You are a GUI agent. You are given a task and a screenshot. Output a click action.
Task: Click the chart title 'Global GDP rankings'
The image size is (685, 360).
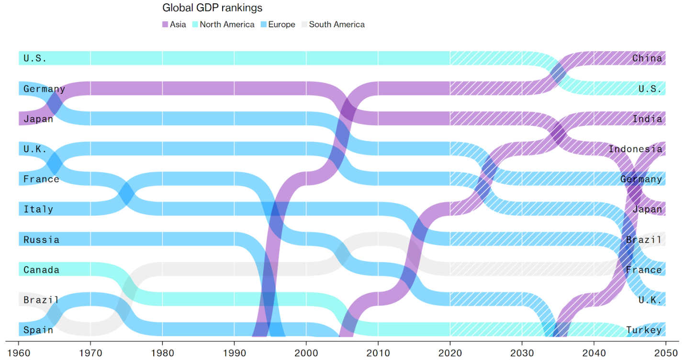212,8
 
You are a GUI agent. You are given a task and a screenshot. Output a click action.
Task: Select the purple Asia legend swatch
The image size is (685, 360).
166,24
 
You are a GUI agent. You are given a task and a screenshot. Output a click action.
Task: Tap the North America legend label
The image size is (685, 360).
227,24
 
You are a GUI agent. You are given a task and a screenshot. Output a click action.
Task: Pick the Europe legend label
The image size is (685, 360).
281,24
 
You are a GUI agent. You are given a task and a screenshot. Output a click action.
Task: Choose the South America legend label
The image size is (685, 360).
337,24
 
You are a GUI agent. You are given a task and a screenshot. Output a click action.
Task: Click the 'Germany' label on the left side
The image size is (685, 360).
44,89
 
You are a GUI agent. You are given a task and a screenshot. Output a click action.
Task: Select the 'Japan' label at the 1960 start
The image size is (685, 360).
38,119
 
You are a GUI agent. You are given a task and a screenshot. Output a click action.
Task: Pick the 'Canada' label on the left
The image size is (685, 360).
41,270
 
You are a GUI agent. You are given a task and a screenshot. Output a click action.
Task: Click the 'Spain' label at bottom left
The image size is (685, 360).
38,330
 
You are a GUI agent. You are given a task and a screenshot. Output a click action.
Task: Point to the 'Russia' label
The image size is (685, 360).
41,240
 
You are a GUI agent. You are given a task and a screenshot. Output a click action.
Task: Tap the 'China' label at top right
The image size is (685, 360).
647,58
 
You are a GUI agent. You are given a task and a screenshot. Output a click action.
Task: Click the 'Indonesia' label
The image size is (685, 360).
635,149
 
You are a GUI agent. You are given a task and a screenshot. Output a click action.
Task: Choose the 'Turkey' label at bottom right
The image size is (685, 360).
644,330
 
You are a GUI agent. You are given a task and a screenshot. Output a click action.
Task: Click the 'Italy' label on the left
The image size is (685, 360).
38,209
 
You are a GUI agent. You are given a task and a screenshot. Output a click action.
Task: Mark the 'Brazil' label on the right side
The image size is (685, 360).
644,240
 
